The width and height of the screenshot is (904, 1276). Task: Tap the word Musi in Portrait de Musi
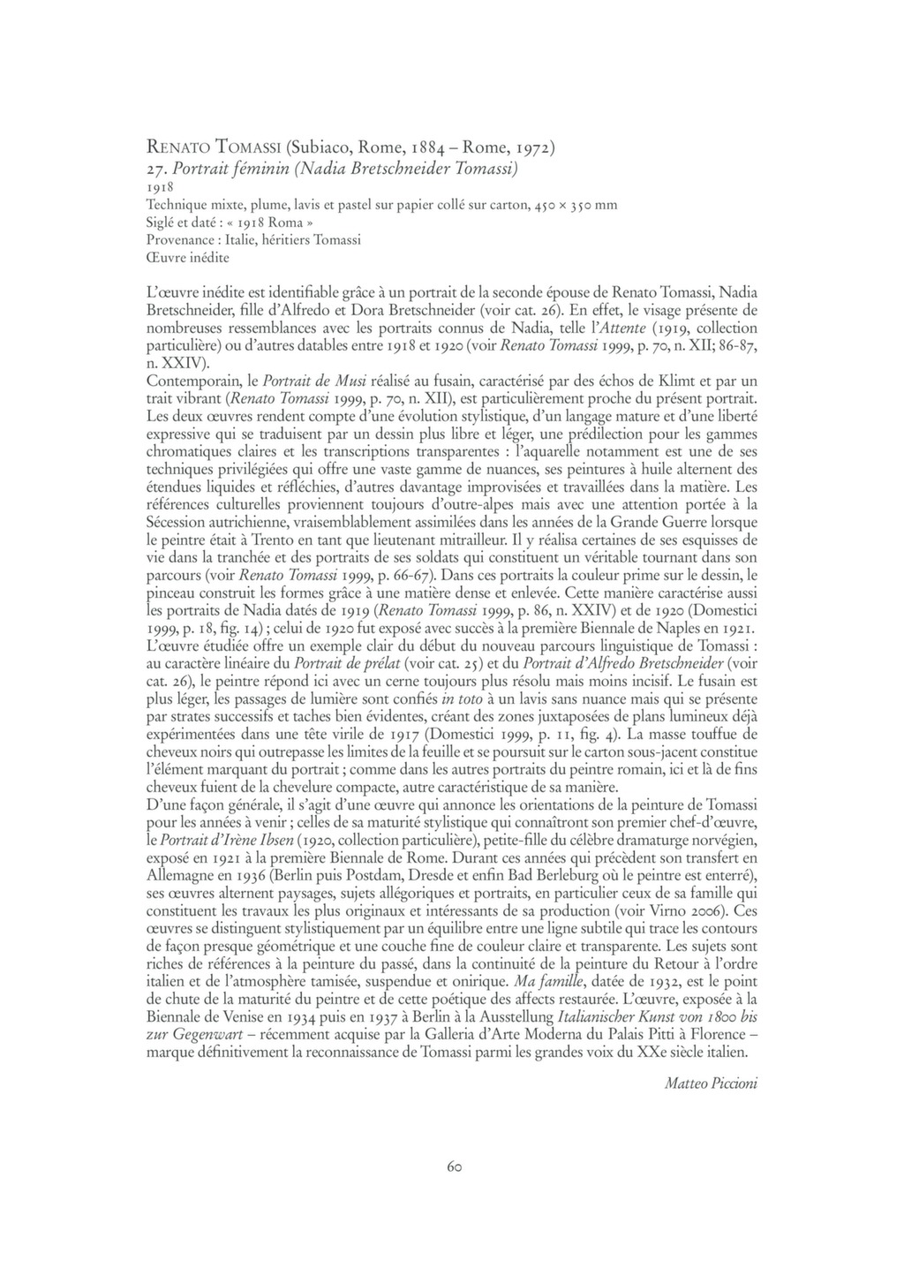pos(350,381)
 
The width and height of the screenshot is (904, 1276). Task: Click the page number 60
pos(454,1167)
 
